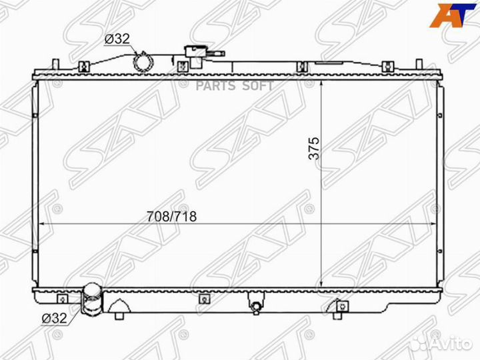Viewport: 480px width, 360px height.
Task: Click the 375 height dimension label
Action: coord(314,148)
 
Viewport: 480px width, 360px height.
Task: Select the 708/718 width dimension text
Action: coord(171,217)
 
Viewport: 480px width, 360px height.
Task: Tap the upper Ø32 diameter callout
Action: coord(117,39)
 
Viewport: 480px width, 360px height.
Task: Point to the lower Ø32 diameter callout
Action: coord(54,319)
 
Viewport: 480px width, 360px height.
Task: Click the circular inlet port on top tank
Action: coord(143,62)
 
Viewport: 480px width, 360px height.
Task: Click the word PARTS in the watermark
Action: coord(215,86)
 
